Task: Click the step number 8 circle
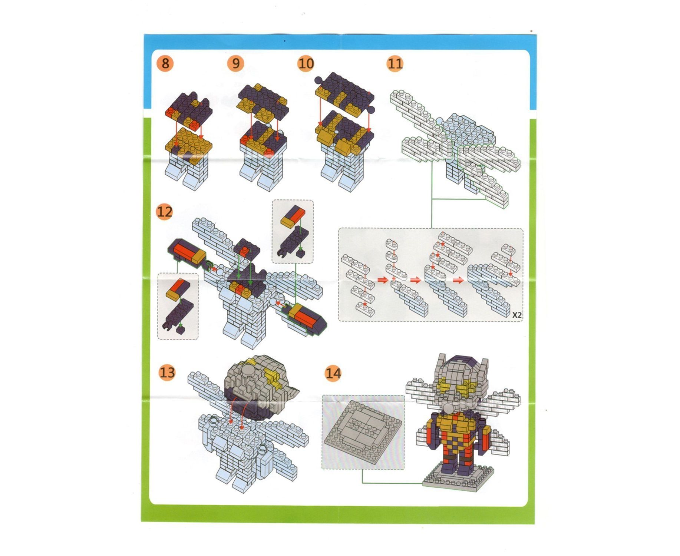165,63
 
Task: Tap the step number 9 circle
236,63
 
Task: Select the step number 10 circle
306,63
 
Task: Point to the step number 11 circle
395,63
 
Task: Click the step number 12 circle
165,212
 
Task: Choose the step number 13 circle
167,372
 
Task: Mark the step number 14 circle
333,373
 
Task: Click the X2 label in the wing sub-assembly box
517,315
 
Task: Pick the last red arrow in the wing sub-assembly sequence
459,280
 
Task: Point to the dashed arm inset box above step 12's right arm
293,232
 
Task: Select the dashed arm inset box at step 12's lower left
178,306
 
